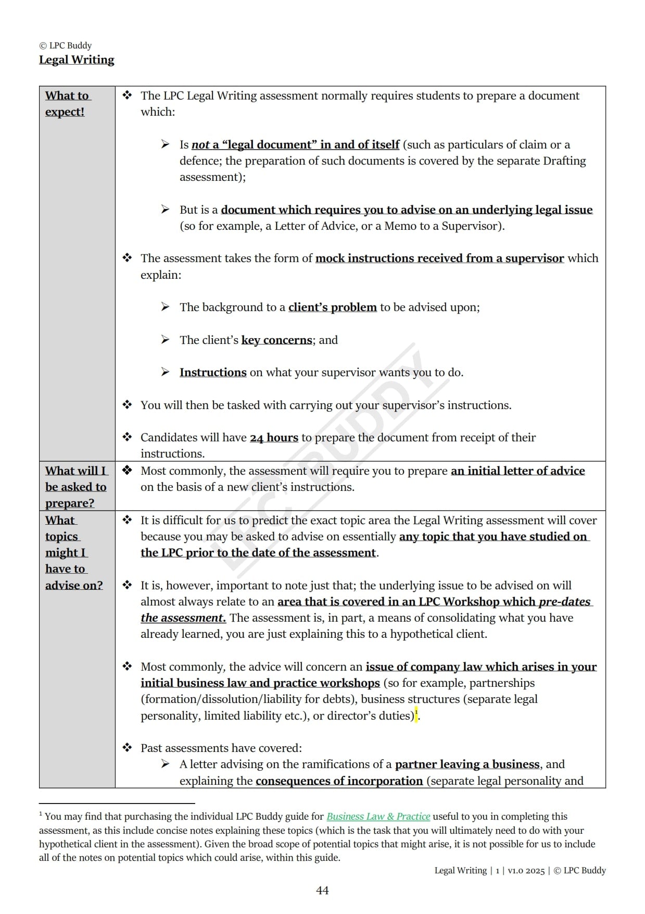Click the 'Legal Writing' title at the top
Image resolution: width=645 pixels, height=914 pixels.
(77, 60)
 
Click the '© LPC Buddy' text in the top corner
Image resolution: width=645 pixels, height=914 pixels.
(66, 45)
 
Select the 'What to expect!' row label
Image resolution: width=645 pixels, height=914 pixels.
(67, 104)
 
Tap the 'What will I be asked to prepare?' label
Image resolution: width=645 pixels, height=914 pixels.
(75, 487)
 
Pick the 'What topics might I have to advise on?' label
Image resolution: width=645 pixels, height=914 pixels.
(73, 552)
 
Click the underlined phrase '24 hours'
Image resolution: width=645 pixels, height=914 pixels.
(274, 438)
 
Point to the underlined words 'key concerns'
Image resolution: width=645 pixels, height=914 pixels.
(276, 340)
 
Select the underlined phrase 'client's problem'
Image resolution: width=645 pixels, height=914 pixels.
(332, 307)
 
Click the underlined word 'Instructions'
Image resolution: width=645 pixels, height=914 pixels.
(213, 373)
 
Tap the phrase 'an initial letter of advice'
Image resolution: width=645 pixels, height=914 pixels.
(517, 471)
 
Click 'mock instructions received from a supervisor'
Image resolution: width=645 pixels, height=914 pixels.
(439, 258)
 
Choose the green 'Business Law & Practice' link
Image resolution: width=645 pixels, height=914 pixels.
(378, 817)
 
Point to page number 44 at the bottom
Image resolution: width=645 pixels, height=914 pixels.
(322, 891)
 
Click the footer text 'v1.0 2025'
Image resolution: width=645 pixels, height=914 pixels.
(526, 870)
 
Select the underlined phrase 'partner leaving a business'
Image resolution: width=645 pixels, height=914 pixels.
(467, 764)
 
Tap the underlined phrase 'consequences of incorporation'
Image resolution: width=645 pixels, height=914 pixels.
(339, 781)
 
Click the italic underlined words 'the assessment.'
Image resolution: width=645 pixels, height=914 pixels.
(183, 618)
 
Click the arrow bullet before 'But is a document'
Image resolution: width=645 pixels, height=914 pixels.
(165, 209)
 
